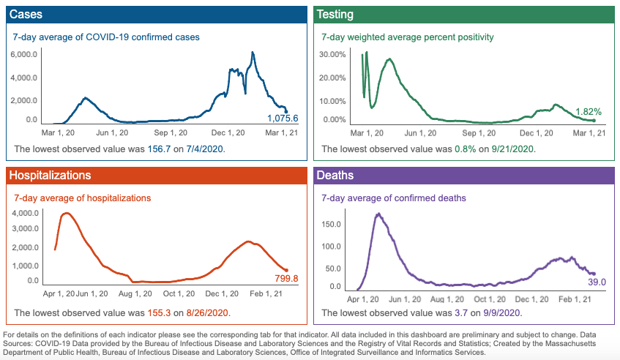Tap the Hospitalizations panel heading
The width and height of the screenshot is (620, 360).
click(x=49, y=176)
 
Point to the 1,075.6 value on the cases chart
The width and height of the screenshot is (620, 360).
click(x=282, y=118)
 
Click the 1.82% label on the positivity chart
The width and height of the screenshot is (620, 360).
click(x=588, y=112)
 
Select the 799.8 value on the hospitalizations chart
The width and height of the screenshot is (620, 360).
click(x=282, y=278)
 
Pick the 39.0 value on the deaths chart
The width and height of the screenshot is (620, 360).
click(x=598, y=282)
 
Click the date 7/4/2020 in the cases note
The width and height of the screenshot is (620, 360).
click(x=203, y=149)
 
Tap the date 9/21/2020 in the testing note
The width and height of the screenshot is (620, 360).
click(x=510, y=149)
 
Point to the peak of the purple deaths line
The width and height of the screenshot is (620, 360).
click(x=378, y=214)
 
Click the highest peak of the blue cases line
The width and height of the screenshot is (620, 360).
click(x=253, y=53)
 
